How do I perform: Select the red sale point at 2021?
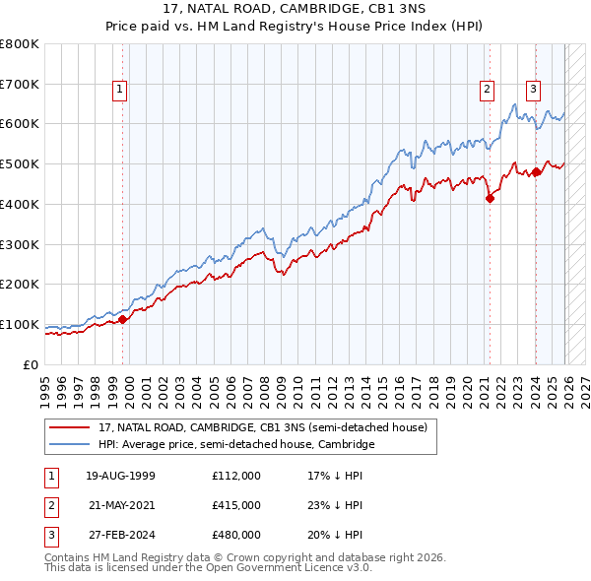point(490,198)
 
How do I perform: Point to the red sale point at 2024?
point(536,172)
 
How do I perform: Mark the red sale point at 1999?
point(123,319)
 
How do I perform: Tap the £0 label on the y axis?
point(30,364)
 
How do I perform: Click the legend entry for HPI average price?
point(236,445)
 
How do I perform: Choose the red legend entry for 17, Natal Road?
point(262,427)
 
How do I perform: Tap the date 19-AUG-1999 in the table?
point(120,476)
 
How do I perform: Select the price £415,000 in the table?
point(235,505)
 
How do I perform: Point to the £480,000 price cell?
point(235,535)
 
